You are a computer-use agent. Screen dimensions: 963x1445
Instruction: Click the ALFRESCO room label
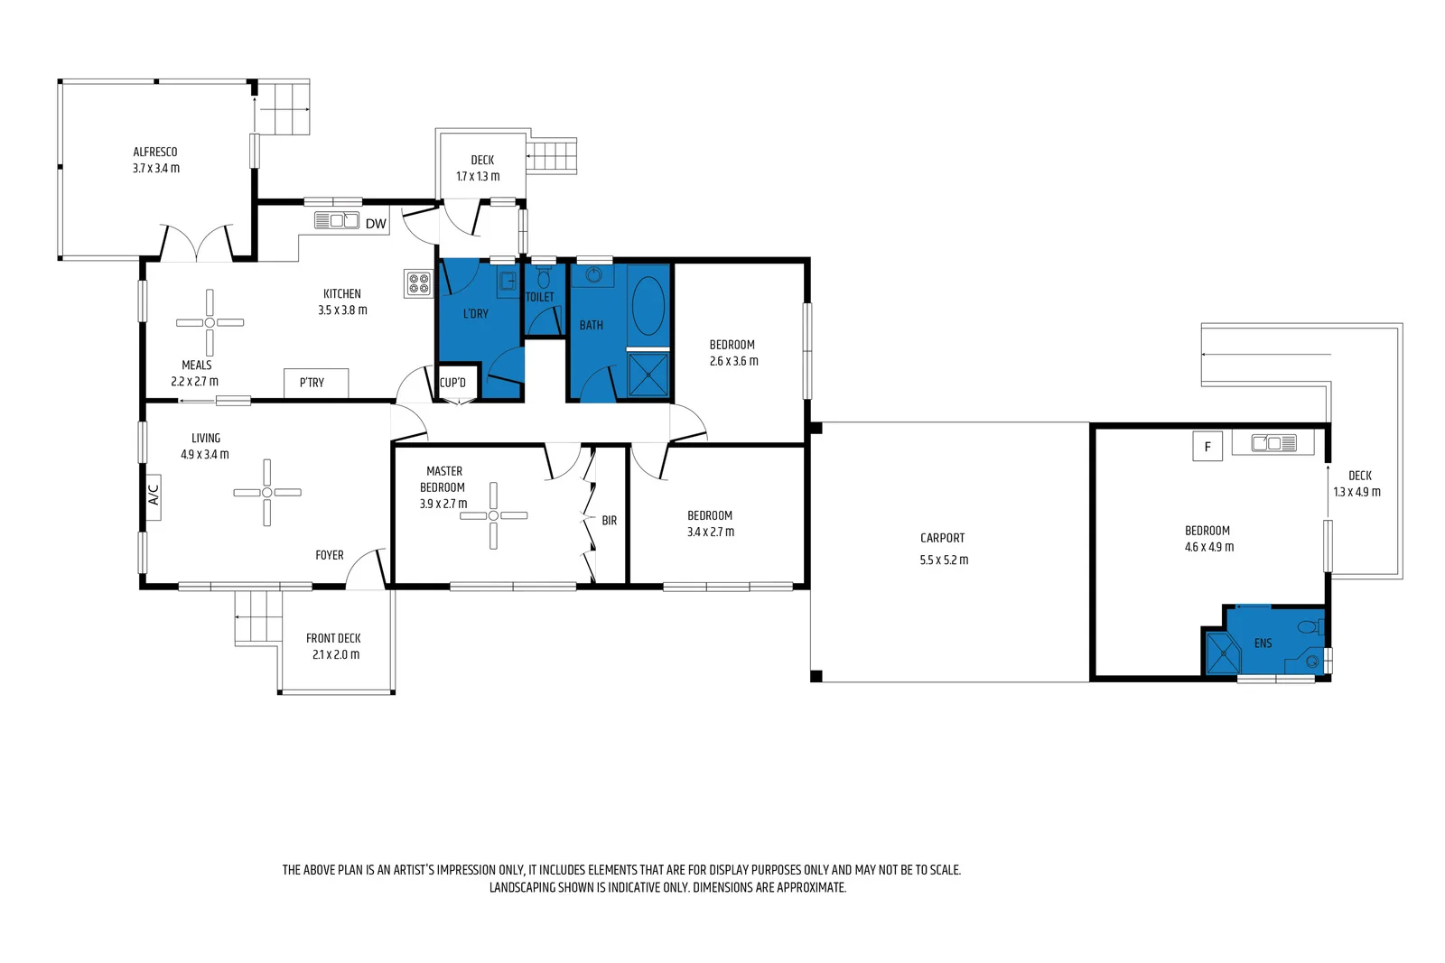click(x=155, y=152)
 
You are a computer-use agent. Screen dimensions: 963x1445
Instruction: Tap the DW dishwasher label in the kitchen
click(x=376, y=224)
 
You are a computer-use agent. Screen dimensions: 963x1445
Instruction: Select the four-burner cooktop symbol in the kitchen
click(x=418, y=283)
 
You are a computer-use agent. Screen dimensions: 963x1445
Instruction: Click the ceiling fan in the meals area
click(x=210, y=322)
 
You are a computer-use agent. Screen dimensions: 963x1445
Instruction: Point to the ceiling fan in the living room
click(x=267, y=492)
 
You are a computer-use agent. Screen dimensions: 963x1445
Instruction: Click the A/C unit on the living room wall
click(x=154, y=495)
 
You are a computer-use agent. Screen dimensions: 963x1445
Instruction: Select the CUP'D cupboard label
click(x=452, y=383)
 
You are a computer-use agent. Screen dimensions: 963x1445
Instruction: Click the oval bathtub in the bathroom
click(x=648, y=306)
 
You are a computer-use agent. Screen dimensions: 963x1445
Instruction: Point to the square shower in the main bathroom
click(x=648, y=374)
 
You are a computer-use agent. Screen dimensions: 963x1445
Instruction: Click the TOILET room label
click(x=540, y=297)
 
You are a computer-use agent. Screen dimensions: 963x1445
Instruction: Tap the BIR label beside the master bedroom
click(x=610, y=521)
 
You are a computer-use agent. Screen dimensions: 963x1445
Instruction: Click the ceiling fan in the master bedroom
click(x=493, y=515)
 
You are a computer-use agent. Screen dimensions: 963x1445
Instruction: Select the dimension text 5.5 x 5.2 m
click(x=944, y=560)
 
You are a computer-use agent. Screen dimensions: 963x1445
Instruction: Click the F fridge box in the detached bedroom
click(x=1207, y=447)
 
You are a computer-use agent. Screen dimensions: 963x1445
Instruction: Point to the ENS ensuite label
click(x=1263, y=644)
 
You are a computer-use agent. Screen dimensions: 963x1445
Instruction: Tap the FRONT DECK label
click(x=333, y=638)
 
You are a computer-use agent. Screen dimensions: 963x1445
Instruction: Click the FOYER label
click(x=330, y=555)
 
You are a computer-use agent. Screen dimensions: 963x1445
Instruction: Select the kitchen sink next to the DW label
click(x=336, y=220)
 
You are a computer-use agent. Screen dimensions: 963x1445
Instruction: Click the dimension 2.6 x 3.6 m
click(x=733, y=361)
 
